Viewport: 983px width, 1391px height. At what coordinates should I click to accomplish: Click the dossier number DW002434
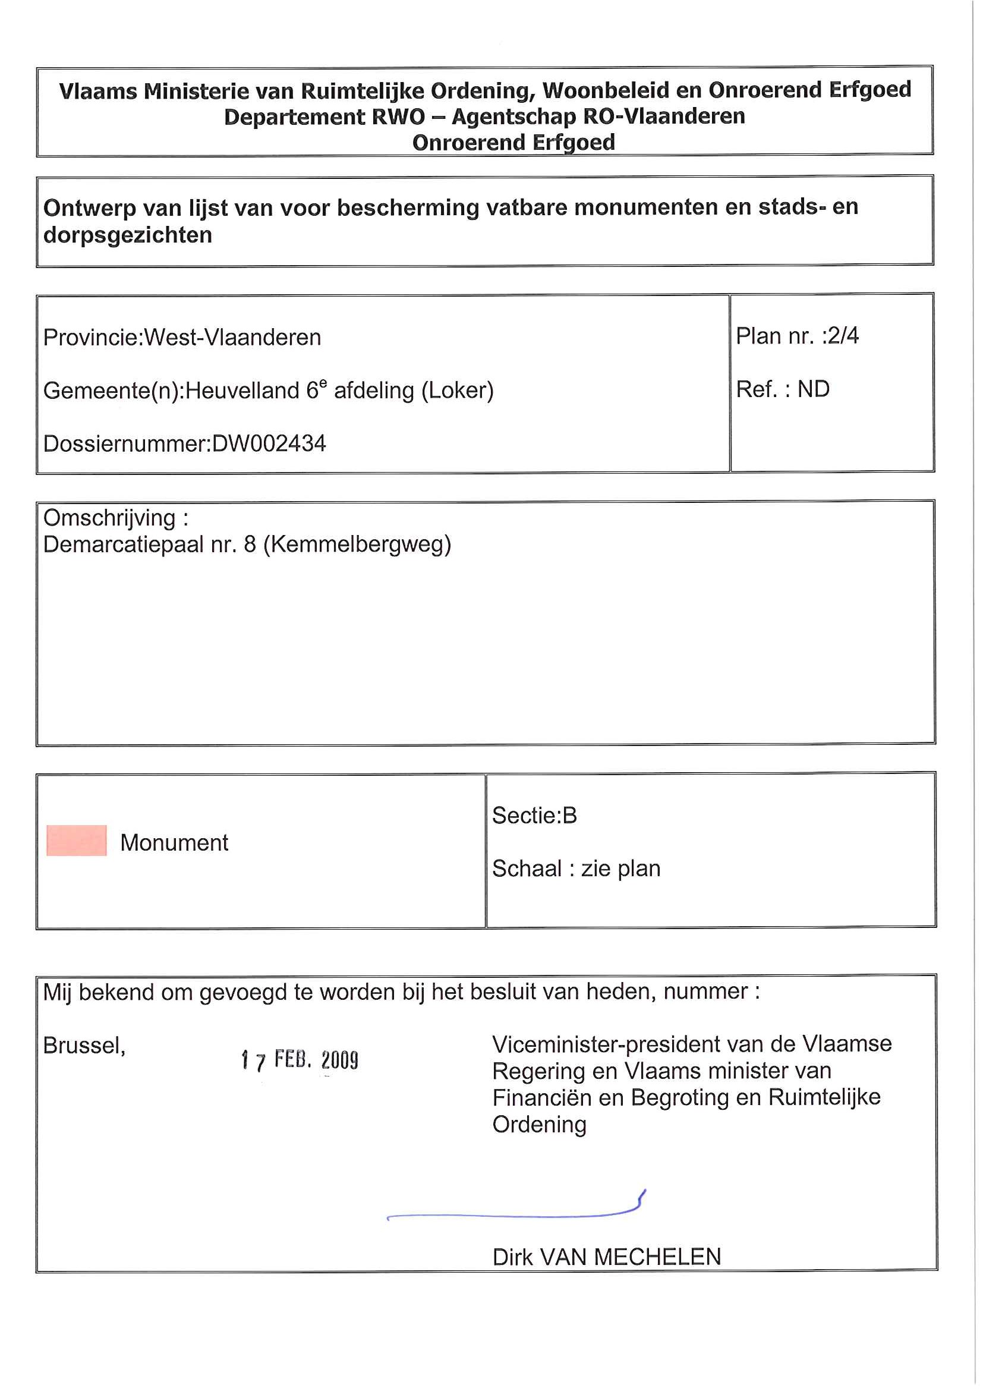[268, 444]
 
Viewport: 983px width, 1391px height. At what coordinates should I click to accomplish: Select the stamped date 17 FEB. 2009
[299, 1060]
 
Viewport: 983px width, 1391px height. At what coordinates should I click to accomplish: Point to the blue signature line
[515, 1214]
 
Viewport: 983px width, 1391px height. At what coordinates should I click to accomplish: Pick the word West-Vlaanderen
[232, 338]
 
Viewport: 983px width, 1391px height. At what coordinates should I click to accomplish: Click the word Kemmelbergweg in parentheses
[357, 545]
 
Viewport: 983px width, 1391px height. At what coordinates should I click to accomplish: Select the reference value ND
[813, 389]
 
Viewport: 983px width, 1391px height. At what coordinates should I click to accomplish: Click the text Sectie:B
[534, 816]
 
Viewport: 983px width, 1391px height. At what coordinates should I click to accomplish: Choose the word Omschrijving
[109, 518]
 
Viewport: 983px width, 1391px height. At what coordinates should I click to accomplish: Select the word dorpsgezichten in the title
[128, 235]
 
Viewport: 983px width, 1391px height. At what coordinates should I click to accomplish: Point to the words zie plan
[620, 868]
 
